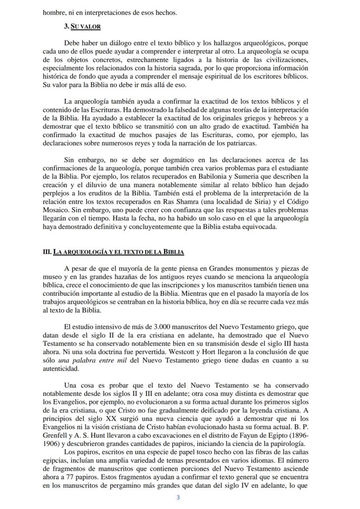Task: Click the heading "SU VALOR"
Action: point(85,27)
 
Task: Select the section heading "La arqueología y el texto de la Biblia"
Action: point(117,251)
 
